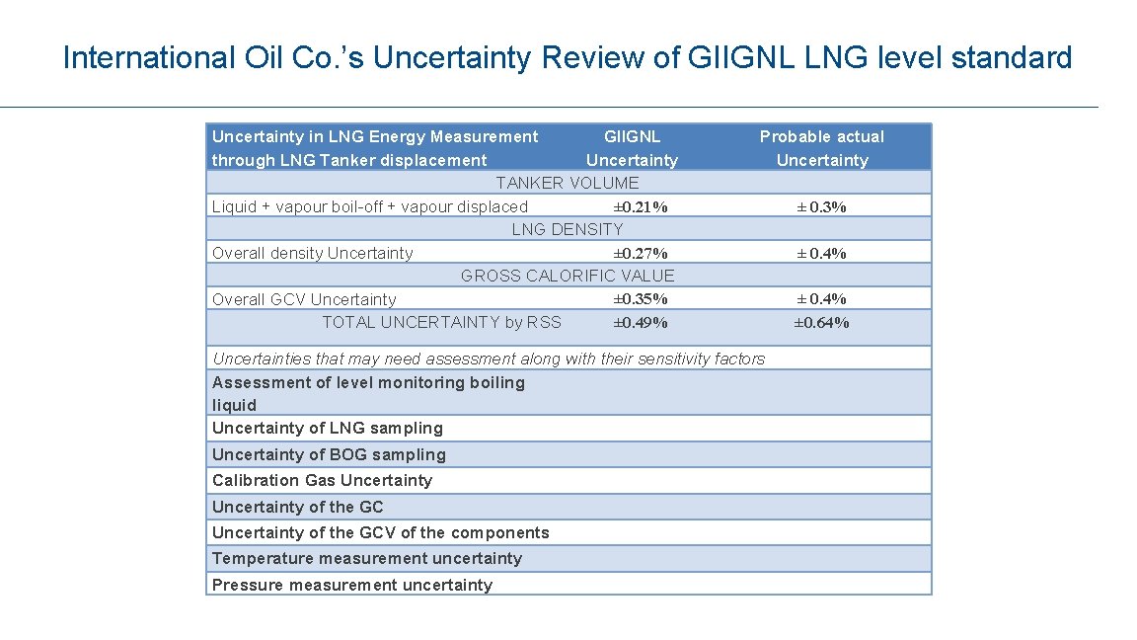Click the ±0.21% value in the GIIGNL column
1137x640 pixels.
[641, 207]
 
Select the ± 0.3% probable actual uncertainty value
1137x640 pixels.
[821, 207]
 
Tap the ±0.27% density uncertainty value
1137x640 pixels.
[641, 254]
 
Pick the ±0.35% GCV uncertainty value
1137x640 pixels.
[641, 299]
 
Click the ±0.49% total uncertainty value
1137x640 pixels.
[641, 323]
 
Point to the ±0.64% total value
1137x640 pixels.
[821, 323]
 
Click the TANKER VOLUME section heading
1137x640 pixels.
[567, 183]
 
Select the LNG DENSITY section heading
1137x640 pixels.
[567, 229]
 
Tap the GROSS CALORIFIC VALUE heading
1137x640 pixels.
[568, 276]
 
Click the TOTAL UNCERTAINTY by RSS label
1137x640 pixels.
[441, 322]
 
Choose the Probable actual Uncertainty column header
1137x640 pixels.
[821, 148]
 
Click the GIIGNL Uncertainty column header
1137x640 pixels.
[632, 148]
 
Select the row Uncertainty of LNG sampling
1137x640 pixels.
[327, 428]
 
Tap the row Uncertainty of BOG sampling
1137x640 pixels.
[329, 454]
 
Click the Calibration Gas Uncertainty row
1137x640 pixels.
[322, 480]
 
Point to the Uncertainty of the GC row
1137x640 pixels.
[297, 507]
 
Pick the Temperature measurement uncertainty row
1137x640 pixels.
[366, 558]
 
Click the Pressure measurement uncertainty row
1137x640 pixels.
[351, 585]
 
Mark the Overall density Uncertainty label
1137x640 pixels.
[312, 254]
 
